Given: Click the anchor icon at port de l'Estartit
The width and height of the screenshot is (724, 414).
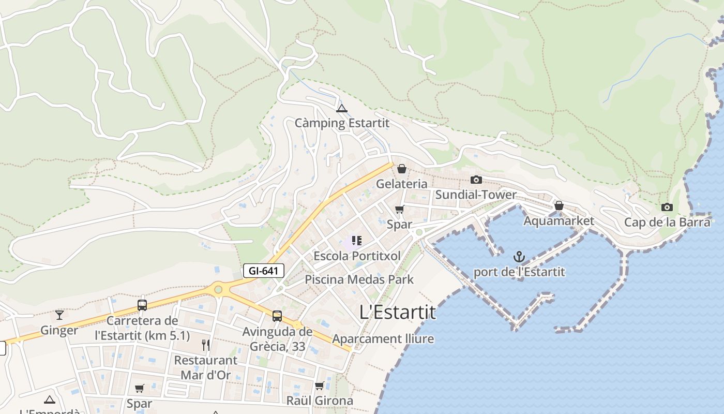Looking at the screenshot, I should (519, 257).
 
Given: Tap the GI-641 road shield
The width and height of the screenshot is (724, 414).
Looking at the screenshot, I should (264, 270).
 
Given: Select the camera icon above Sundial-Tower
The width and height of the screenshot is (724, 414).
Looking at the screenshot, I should (476, 180).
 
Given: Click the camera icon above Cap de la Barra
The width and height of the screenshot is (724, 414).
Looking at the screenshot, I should (667, 208).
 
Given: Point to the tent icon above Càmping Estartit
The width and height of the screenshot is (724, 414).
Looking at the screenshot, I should (341, 109).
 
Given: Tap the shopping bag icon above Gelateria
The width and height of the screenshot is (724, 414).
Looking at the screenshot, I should (402, 169).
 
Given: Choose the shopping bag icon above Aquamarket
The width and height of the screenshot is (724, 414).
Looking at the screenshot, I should (559, 205).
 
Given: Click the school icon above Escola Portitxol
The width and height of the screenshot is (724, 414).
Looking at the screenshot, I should (356, 241).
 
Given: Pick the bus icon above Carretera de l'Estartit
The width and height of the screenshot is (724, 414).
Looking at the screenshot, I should (142, 305).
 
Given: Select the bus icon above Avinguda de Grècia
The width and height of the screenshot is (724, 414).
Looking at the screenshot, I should (277, 316).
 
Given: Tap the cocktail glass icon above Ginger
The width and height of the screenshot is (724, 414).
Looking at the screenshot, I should (59, 315).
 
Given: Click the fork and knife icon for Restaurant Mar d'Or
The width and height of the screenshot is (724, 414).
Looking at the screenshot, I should (206, 345).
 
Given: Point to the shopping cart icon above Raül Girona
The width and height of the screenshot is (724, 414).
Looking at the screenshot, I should (320, 386).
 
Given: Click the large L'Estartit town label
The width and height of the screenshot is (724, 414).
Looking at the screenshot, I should (398, 312).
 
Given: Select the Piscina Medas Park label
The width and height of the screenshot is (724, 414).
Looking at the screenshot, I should (359, 279).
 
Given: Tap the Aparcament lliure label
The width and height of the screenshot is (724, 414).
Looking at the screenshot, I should (383, 339).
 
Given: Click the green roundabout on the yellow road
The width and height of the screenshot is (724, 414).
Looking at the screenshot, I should (218, 289).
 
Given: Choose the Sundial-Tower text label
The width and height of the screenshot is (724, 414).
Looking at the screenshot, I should (476, 195).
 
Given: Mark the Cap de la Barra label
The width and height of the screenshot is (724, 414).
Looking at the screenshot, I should (667, 223).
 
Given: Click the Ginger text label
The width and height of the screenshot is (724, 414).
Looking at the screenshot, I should (59, 330).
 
